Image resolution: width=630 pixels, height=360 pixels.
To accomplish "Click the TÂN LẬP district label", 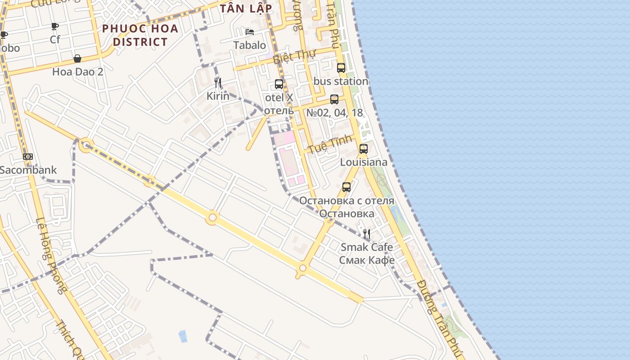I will pos(246,9).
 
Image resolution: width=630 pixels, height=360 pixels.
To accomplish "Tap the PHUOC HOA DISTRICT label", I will pos(140,35).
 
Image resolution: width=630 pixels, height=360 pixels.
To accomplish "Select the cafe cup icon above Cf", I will pos(55,26).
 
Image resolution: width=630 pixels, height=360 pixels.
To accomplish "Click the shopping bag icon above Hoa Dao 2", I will pos(77,58).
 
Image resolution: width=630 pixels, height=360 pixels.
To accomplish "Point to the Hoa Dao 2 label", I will pos(77,72).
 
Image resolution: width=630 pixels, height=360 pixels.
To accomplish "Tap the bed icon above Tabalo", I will pos(250,32).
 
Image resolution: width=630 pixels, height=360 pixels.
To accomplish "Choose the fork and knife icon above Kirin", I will pos(218,82).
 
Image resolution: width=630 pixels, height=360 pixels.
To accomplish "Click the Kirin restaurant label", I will pos(218,96).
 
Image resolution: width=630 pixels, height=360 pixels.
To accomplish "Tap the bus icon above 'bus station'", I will pos(341,68).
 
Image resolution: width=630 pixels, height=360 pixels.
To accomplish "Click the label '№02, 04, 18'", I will pos(334,112).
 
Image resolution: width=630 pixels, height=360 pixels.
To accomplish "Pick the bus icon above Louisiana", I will pos(364,148).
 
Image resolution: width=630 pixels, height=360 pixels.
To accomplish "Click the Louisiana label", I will pos(364,162).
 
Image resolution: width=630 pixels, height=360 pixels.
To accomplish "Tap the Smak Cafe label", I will pos(367,247).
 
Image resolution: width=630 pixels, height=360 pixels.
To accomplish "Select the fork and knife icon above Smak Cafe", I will pos(367,234).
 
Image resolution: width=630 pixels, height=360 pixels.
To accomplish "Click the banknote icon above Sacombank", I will pos(28,157).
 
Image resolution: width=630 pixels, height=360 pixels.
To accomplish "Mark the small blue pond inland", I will pos(183,336).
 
